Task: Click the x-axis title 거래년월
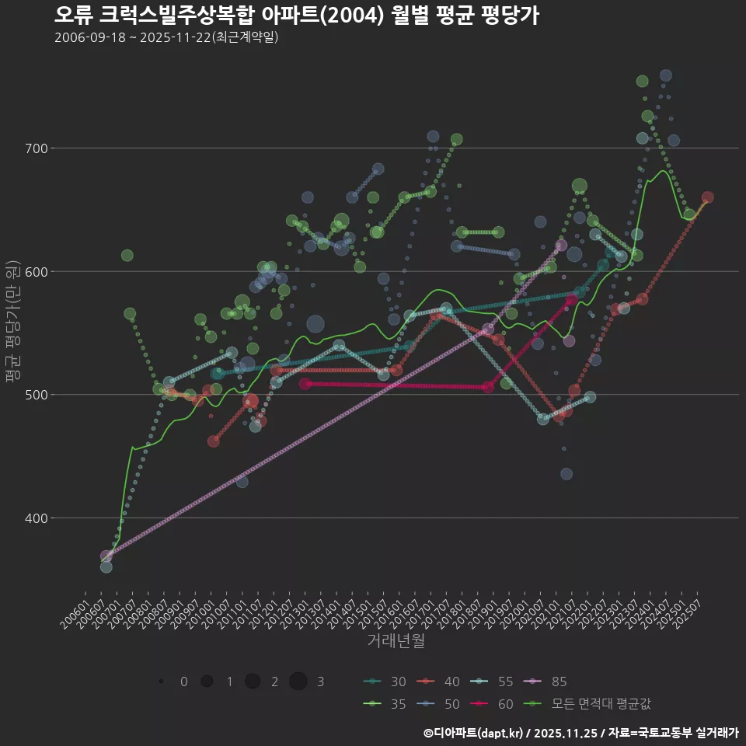pos(396,641)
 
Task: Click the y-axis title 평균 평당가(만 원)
pos(12,321)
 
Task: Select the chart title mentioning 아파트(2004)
pos(296,15)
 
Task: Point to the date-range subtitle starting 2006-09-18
pos(166,37)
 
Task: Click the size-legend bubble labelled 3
pos(298,682)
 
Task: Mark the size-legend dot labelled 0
pos(161,682)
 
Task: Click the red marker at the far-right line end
pos(707,197)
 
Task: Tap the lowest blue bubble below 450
pos(566,474)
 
